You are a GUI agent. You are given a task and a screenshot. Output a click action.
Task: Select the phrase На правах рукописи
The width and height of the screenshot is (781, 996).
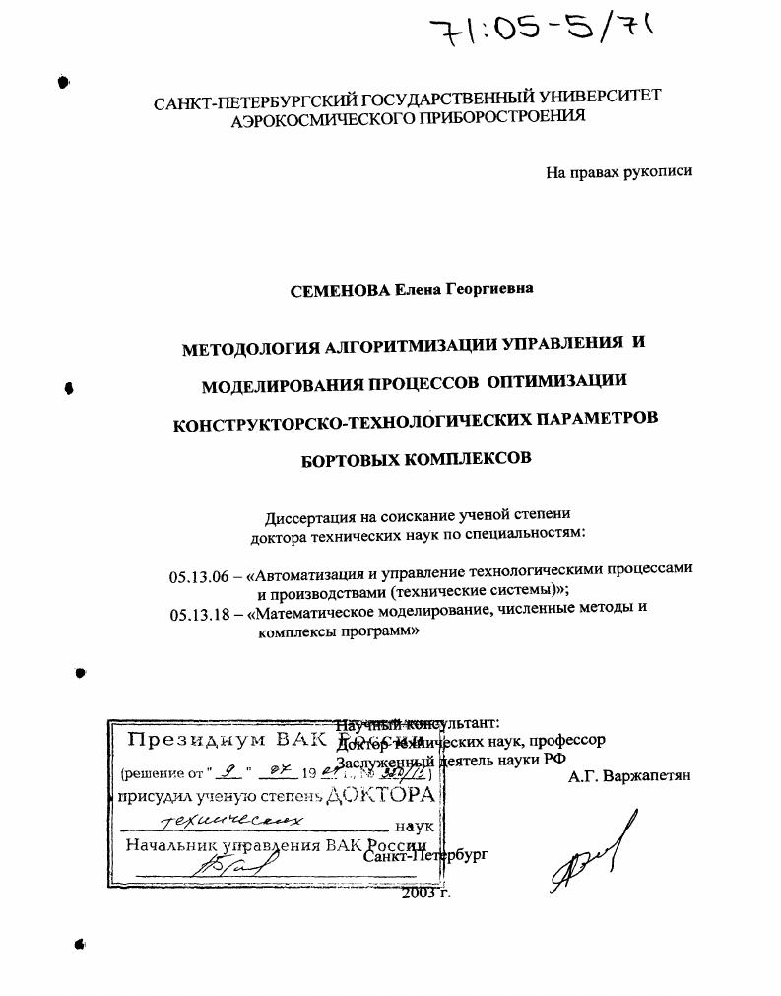(618, 171)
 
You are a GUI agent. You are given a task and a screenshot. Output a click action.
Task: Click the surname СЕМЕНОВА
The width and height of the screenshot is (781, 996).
(342, 289)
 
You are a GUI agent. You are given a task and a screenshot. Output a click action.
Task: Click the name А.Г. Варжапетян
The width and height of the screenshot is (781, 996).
(629, 775)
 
